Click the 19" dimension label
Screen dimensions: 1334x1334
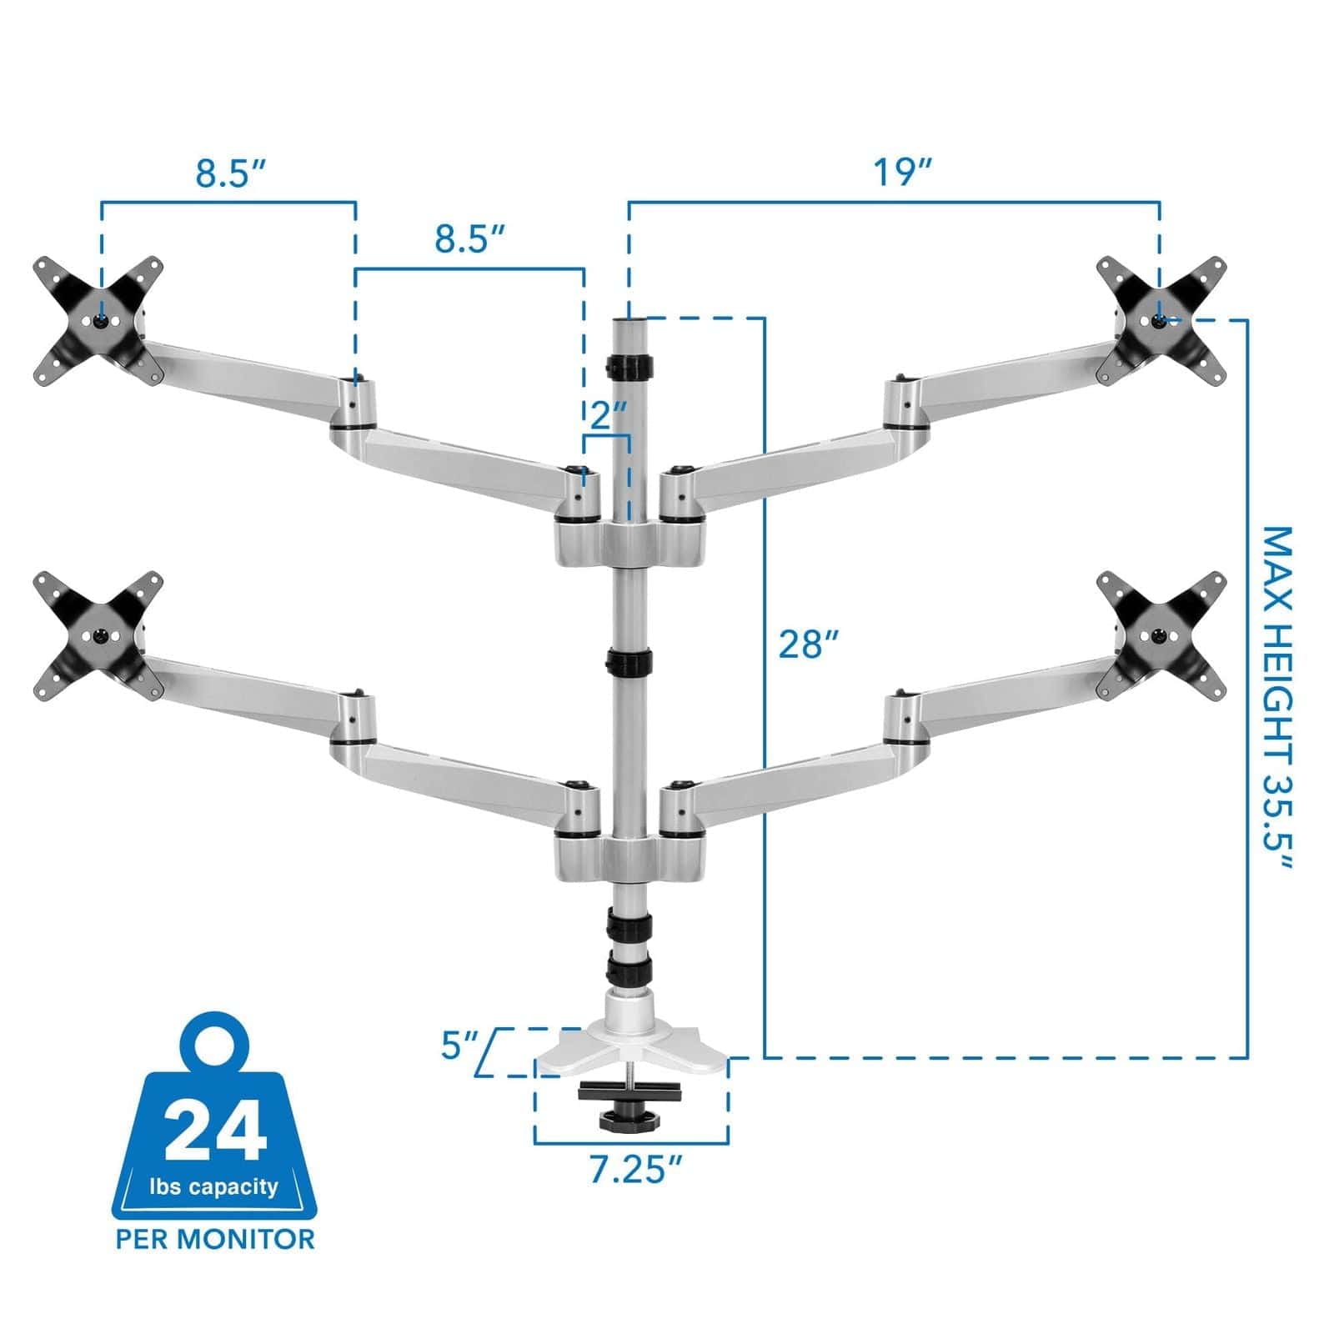pos(902,173)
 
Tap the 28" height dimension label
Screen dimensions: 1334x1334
pos(808,644)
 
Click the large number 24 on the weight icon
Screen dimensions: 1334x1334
pos(216,1131)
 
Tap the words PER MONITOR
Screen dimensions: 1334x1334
pos(216,1239)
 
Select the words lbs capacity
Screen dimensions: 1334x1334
pos(214,1186)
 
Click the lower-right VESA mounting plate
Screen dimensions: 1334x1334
pos(1161,635)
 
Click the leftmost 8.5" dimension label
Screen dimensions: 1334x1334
pos(231,173)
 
